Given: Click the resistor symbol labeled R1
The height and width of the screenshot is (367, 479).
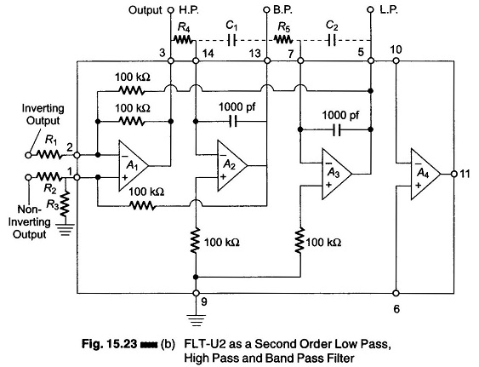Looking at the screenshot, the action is (49, 155).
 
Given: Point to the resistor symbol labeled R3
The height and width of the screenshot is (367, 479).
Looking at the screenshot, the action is (65, 204).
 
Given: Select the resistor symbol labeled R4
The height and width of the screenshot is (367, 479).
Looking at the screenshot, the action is (183, 39).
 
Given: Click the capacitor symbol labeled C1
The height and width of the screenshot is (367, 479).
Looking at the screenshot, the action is (232, 40).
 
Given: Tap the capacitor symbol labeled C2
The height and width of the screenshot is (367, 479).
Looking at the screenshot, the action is (332, 40).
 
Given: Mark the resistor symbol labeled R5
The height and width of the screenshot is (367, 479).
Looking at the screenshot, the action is (283, 39).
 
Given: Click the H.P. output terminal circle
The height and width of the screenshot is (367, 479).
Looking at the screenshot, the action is (171, 10).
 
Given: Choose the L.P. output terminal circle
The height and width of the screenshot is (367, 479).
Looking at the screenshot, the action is (370, 10).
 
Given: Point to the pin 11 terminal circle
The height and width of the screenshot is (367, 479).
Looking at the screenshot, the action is (454, 174).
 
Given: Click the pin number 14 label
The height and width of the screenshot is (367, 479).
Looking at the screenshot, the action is (208, 54).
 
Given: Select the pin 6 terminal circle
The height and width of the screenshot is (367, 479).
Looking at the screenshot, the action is (396, 293).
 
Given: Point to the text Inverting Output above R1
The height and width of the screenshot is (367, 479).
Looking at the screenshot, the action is (43, 114).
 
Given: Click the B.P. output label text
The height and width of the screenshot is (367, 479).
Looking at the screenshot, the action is (282, 10).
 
